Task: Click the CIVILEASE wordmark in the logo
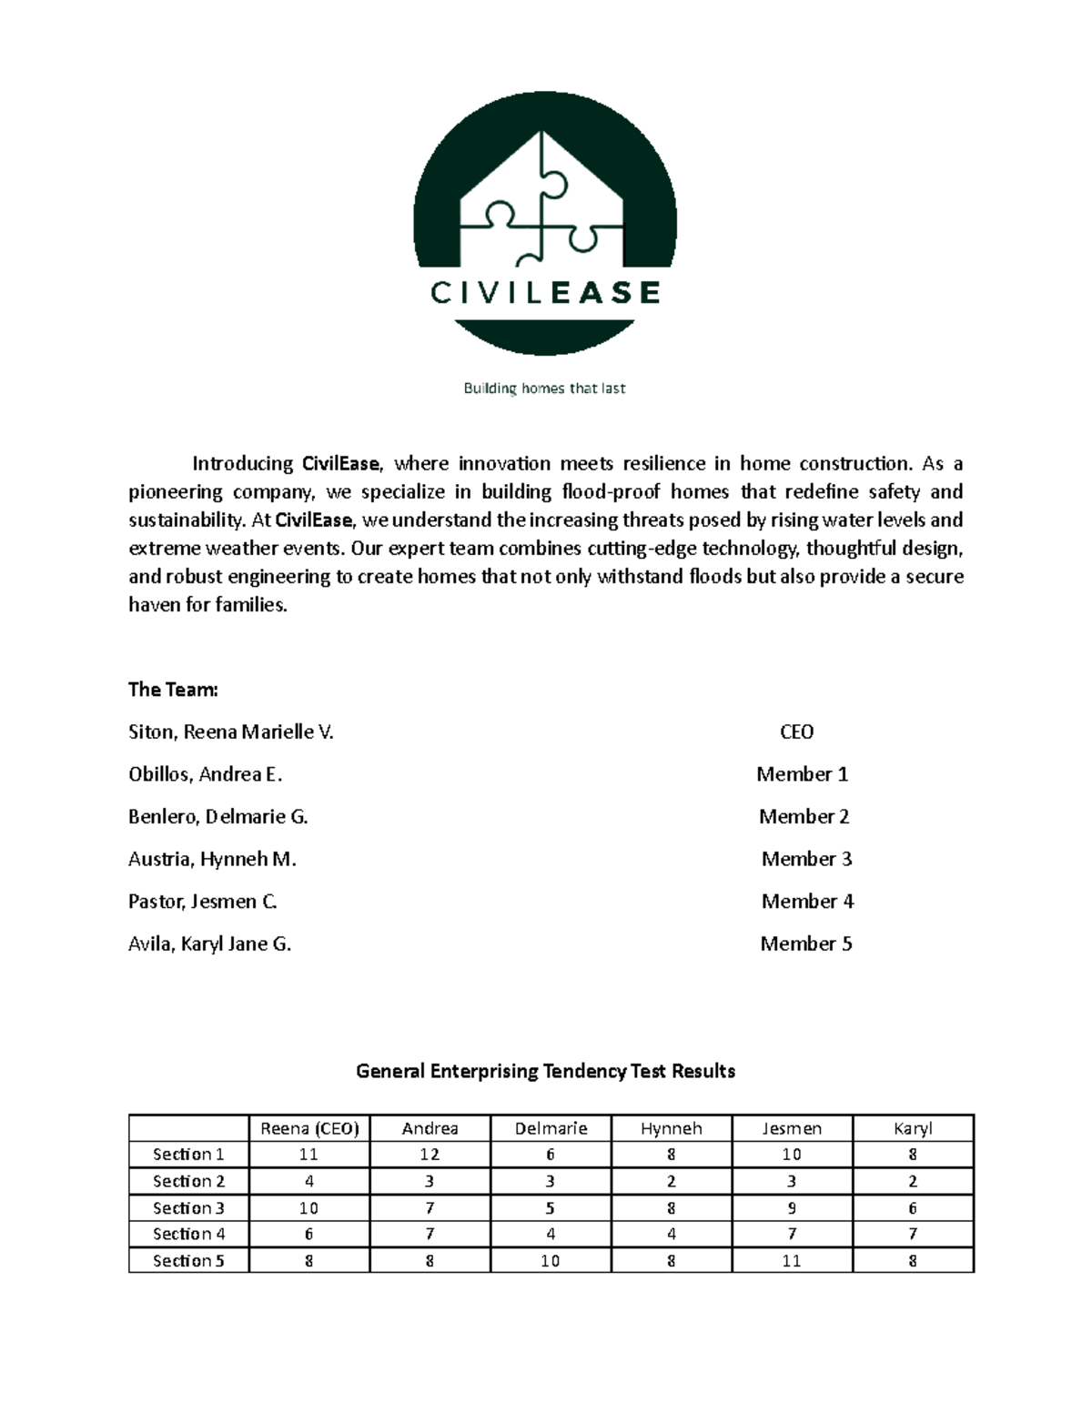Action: pyautogui.click(x=545, y=293)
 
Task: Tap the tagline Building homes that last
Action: pyautogui.click(x=544, y=389)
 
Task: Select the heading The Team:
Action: pyautogui.click(x=173, y=690)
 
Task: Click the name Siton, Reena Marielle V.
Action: pyautogui.click(x=231, y=732)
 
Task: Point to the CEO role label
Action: pyautogui.click(x=796, y=732)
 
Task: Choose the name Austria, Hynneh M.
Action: pyautogui.click(x=212, y=859)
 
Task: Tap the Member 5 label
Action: pyautogui.click(x=806, y=944)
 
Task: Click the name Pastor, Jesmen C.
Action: pyautogui.click(x=202, y=902)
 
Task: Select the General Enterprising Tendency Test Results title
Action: pyautogui.click(x=545, y=1071)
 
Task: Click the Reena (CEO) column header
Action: pyautogui.click(x=309, y=1129)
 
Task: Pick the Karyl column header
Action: pyautogui.click(x=913, y=1129)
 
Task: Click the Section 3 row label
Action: pyautogui.click(x=188, y=1208)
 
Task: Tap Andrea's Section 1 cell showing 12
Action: pyautogui.click(x=430, y=1155)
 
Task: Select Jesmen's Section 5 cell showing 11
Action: pyautogui.click(x=792, y=1261)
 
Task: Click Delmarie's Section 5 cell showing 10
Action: pyautogui.click(x=551, y=1261)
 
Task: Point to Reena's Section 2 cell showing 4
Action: pyautogui.click(x=309, y=1181)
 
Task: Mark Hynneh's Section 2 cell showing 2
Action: pyautogui.click(x=672, y=1181)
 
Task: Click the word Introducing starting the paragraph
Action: pyautogui.click(x=242, y=464)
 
